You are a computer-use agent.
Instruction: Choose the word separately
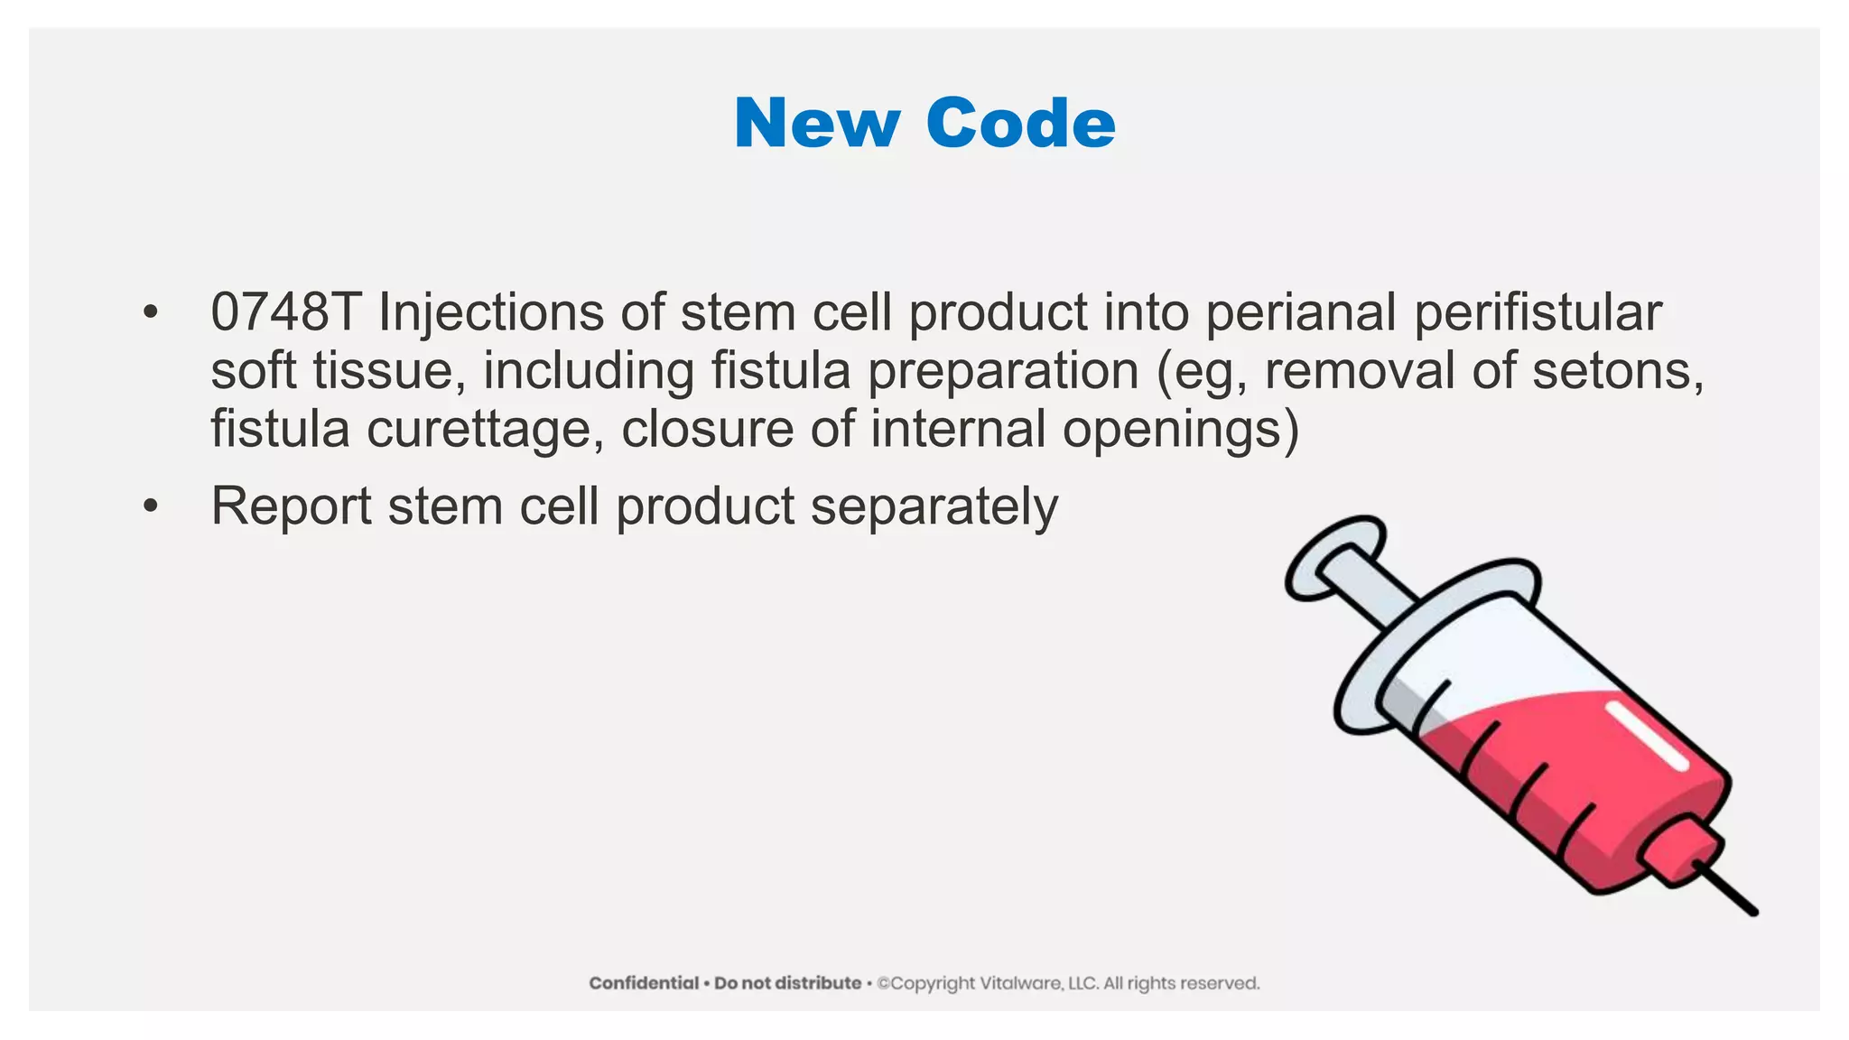coord(934,507)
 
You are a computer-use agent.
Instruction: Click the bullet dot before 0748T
coord(150,313)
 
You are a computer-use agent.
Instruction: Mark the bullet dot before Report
coord(150,506)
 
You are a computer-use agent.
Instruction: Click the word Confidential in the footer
coord(644,983)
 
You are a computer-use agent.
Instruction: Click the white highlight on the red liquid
coord(1647,735)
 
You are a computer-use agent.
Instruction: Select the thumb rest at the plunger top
coord(1334,556)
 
